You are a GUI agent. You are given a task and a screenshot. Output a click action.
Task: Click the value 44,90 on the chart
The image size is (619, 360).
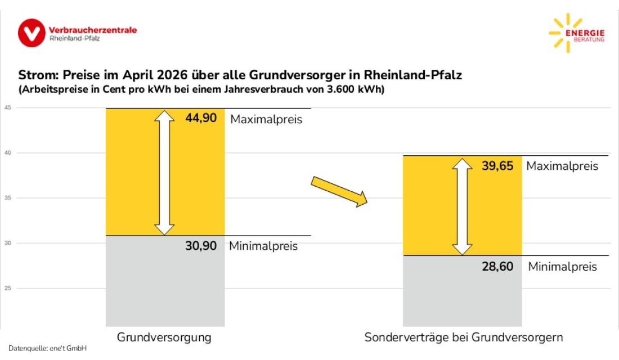(201, 119)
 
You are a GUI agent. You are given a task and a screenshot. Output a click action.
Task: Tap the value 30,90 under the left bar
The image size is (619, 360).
(201, 246)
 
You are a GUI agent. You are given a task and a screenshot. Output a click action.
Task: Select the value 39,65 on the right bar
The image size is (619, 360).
(497, 166)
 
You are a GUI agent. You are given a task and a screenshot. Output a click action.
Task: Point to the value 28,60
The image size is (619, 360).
(497, 266)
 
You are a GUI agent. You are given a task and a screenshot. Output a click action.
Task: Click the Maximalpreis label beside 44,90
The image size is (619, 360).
(266, 119)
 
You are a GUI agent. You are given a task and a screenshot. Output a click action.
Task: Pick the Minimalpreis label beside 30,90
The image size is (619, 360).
(263, 246)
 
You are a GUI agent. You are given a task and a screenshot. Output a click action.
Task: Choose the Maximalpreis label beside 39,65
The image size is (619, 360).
(562, 166)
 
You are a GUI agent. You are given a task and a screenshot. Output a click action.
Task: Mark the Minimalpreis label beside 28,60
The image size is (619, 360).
(562, 267)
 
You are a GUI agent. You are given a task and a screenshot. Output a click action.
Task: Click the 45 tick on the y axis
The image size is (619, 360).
(8, 108)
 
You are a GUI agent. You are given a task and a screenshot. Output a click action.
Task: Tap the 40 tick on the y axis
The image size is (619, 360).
(8, 153)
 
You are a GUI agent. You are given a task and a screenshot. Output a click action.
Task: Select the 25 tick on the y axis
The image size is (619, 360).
(8, 288)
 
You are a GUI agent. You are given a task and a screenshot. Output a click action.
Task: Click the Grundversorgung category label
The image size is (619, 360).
(164, 337)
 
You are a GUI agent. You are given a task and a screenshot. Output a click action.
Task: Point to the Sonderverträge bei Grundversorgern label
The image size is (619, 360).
(464, 337)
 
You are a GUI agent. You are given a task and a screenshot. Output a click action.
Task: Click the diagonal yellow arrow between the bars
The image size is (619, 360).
(339, 191)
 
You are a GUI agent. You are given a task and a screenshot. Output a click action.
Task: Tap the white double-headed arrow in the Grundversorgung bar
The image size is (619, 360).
(164, 172)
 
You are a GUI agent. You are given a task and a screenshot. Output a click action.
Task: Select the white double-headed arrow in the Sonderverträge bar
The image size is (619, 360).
(462, 207)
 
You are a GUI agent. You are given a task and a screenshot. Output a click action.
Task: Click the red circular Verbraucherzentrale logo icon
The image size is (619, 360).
(32, 33)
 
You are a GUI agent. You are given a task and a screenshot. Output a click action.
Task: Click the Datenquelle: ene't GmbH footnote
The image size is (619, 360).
(47, 349)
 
